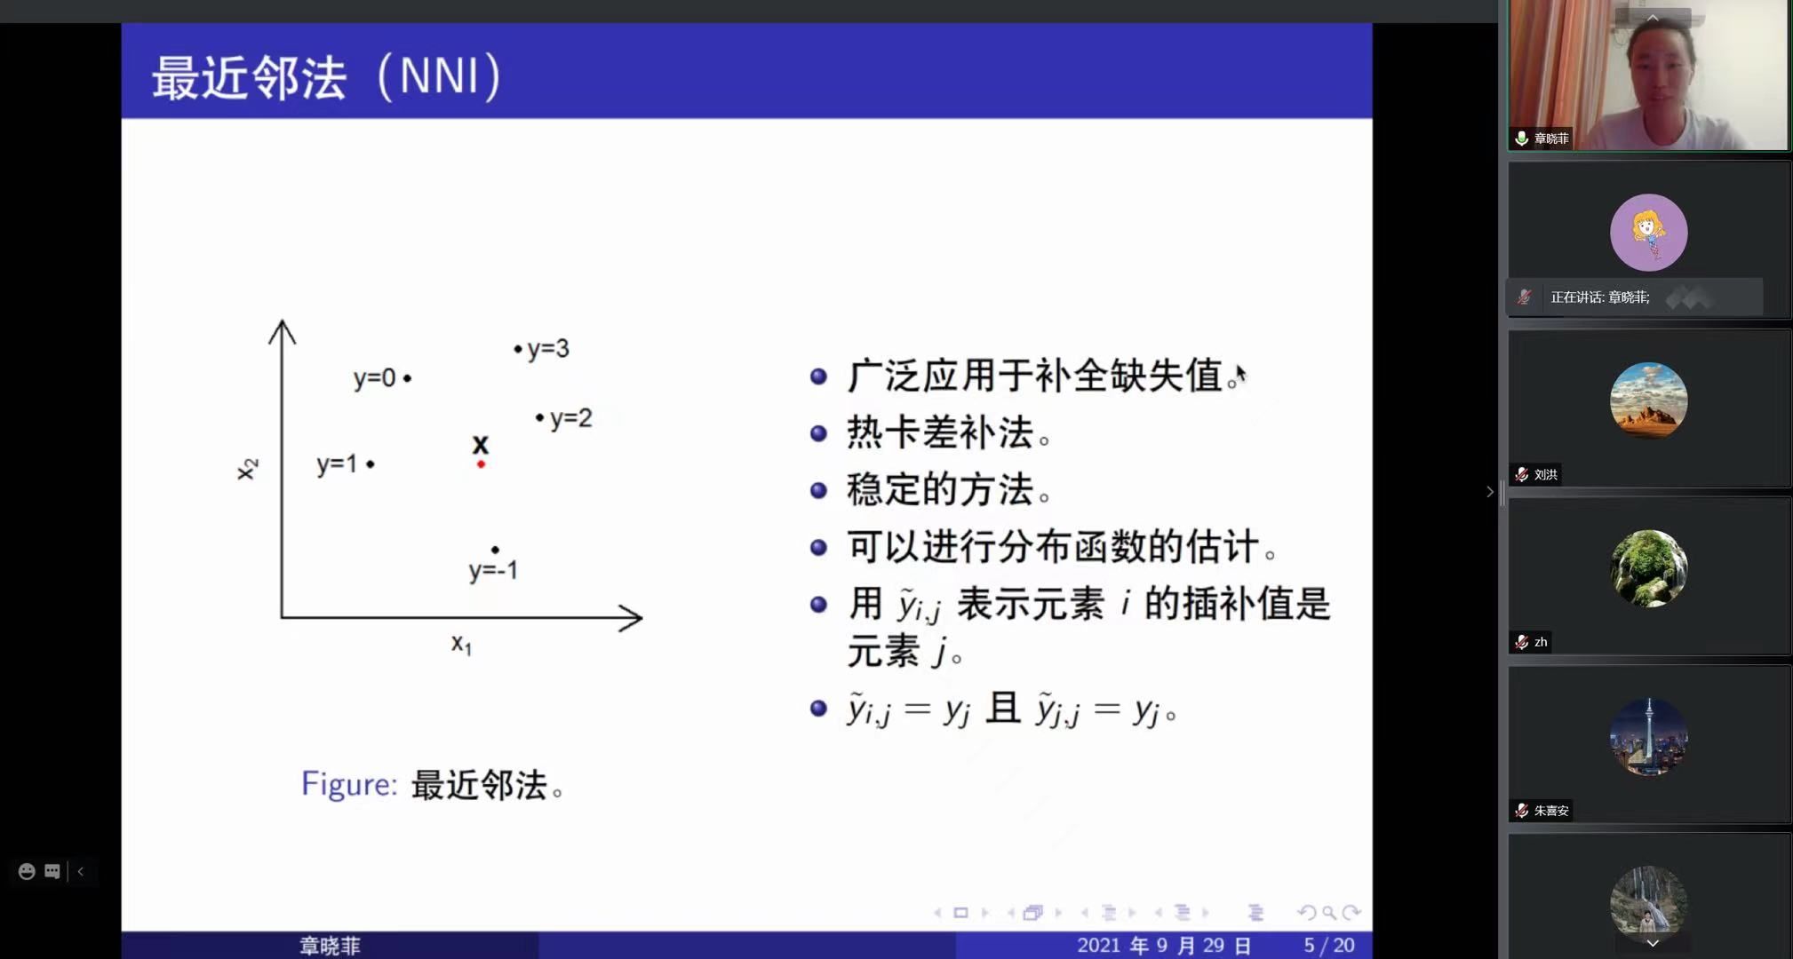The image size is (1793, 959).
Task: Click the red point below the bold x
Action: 481,464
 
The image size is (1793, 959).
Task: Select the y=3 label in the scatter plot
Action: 548,349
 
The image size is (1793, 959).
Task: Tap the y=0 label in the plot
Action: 375,378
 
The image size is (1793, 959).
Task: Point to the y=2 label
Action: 570,418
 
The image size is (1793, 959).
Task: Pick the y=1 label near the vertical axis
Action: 337,464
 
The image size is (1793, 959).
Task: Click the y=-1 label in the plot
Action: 493,570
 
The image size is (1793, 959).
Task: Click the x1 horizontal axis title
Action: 461,644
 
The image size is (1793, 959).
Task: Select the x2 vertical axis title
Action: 247,469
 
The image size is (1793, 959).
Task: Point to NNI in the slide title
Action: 439,75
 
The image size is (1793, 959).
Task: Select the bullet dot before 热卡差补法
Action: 819,433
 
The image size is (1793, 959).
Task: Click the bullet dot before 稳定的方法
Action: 819,490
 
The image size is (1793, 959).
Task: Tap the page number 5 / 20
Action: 1329,946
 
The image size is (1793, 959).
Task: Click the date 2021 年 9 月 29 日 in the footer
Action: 1164,946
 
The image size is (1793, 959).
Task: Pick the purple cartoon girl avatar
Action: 1649,233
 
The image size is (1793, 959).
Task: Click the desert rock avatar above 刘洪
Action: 1649,400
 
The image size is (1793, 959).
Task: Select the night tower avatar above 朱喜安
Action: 1649,737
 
